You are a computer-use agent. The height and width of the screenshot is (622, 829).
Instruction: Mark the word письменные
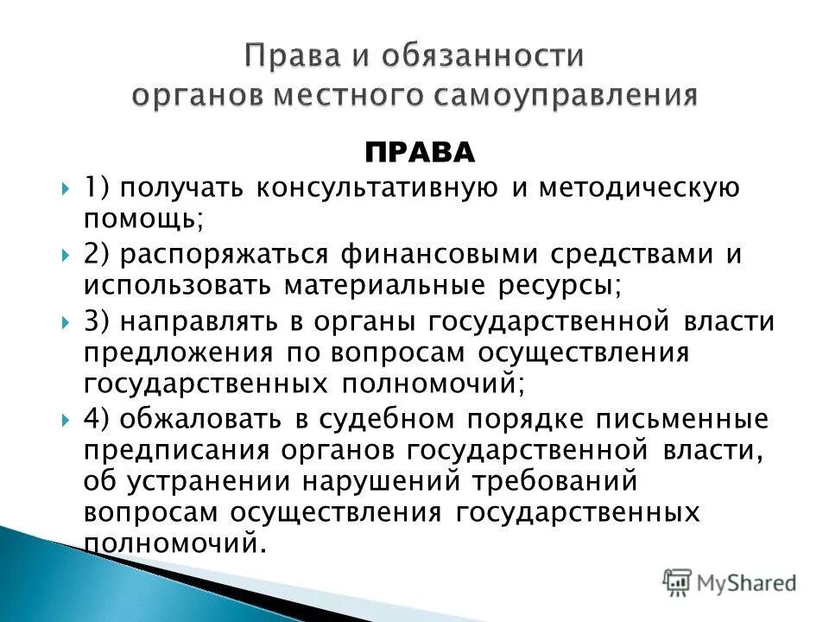tap(688, 419)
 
